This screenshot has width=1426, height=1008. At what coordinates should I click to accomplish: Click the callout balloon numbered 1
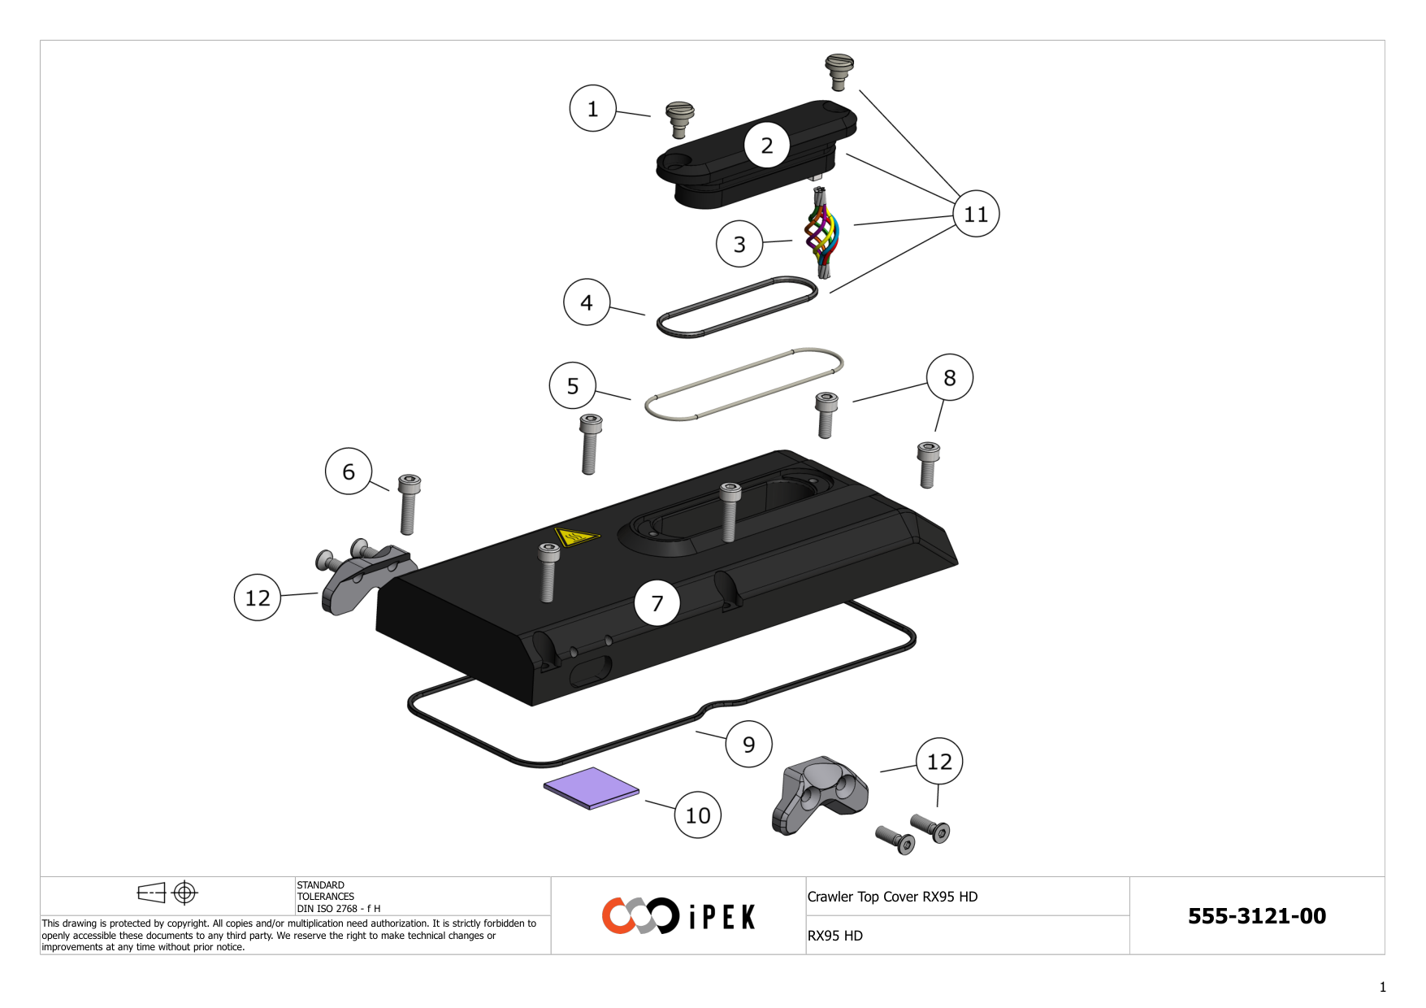[592, 108]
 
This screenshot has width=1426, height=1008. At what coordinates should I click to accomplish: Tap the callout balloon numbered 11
[975, 214]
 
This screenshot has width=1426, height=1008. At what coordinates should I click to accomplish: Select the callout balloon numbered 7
[657, 602]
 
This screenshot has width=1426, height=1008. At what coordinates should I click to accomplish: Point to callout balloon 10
[697, 815]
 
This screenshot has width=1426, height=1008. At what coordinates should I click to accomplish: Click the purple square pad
[592, 788]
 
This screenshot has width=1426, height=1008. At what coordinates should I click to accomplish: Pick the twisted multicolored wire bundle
[821, 233]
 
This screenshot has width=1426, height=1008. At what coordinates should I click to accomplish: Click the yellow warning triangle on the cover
[576, 537]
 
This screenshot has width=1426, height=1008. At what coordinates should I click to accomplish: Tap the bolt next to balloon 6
[409, 503]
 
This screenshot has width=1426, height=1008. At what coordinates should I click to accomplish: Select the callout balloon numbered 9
[748, 744]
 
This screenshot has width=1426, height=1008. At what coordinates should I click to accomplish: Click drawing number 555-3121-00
[1256, 916]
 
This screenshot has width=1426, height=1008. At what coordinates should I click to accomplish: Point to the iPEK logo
[678, 916]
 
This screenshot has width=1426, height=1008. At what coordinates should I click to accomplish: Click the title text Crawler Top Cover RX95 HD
[892, 897]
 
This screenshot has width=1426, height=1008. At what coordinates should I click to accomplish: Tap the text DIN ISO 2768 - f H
[338, 909]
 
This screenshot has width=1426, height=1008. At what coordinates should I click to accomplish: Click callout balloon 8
[949, 377]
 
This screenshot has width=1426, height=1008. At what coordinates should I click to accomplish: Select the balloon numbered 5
[572, 385]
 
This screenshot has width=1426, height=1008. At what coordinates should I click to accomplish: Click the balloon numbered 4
[586, 302]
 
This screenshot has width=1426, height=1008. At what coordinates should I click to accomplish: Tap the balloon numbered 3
[739, 244]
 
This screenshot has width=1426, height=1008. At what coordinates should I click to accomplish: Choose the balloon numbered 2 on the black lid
[766, 146]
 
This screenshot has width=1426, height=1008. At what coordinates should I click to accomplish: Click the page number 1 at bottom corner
[1382, 987]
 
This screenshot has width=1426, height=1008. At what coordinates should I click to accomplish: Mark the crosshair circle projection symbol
[185, 893]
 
